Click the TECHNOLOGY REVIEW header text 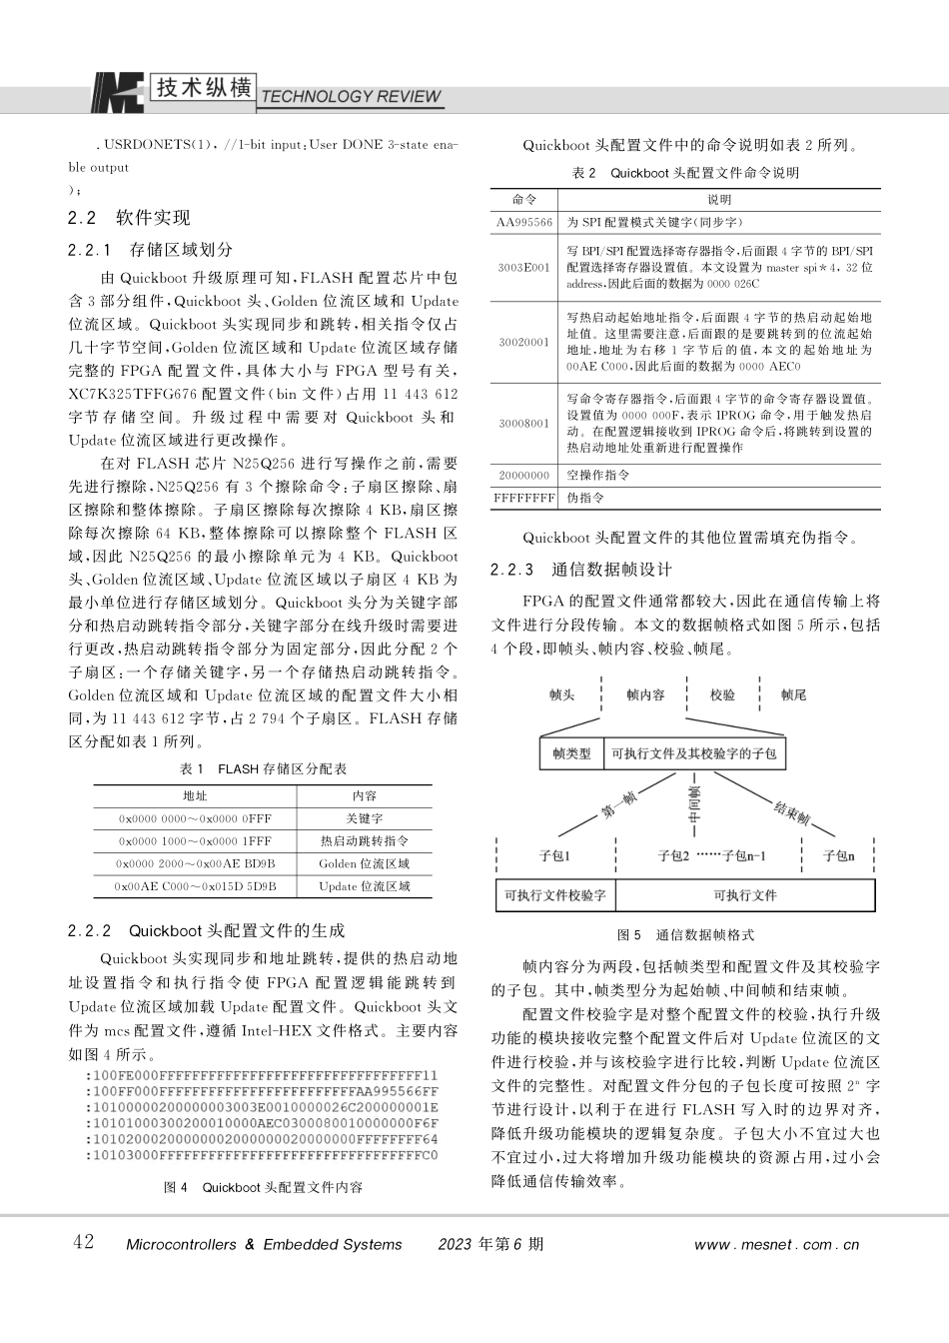coord(350,97)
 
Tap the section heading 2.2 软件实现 coord(129,218)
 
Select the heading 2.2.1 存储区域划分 coord(150,250)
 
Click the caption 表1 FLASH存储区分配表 coord(263,768)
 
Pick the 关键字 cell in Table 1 coord(365,818)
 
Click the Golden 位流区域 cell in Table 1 coord(365,863)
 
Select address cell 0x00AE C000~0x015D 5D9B coord(196,886)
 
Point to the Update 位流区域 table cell coord(365,886)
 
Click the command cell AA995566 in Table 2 coord(524,222)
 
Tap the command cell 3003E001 coord(524,268)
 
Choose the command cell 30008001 coord(524,423)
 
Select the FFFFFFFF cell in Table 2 coord(524,498)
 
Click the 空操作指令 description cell coord(598,476)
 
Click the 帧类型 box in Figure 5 coord(571,753)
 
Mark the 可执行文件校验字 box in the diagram coord(555,895)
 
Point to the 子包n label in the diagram coord(838,855)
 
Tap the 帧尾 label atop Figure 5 coord(793,694)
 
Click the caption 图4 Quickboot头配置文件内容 coord(263,1187)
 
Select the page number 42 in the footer coord(84,1242)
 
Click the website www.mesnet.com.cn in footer coord(776,1245)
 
